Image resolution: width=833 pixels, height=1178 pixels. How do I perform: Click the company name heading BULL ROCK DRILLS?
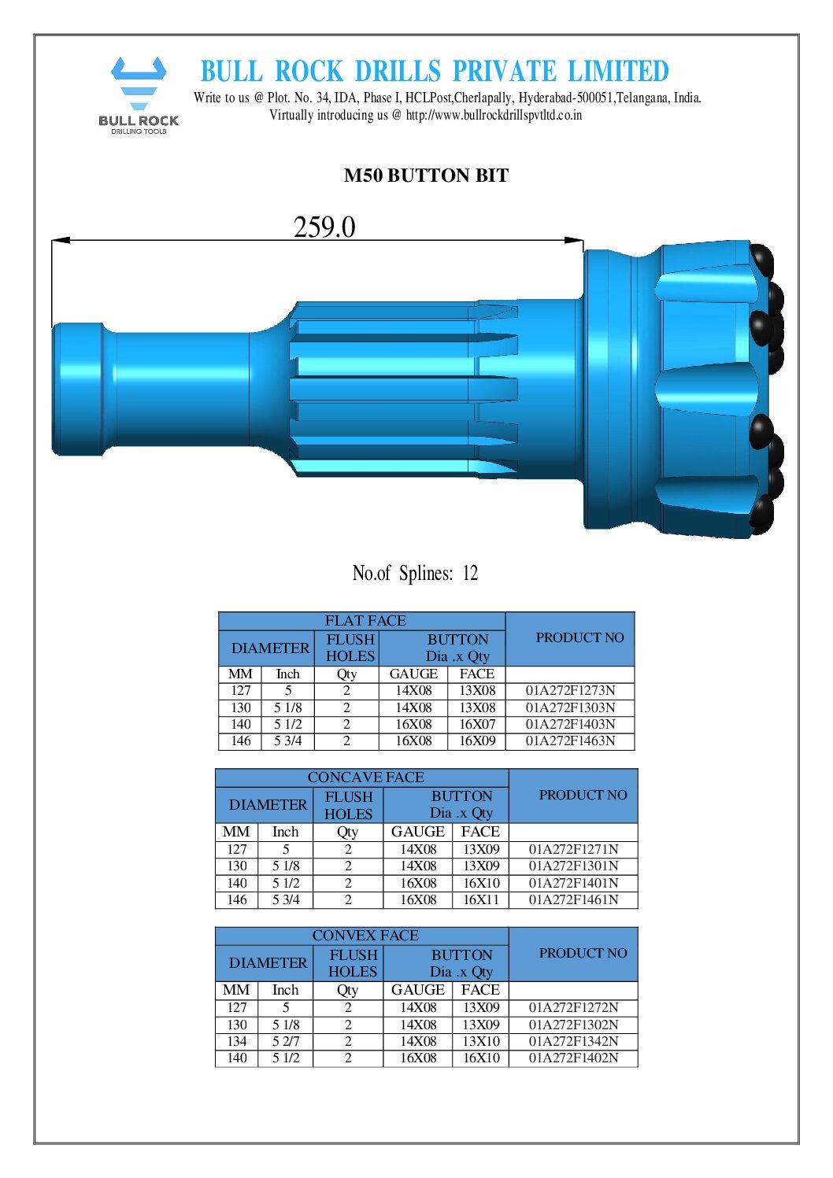(x=434, y=72)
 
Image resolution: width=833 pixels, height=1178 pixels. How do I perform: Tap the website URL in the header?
(x=494, y=115)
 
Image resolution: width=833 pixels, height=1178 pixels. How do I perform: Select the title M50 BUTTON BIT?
(x=426, y=175)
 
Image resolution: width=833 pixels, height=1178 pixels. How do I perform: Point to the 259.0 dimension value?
(x=324, y=227)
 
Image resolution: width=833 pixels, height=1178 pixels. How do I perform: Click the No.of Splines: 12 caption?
(x=415, y=573)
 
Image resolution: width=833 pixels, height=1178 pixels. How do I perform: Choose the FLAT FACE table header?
(x=365, y=621)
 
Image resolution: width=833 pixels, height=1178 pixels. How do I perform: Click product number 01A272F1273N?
(x=570, y=691)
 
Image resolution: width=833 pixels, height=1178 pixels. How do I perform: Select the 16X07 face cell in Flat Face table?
(x=477, y=724)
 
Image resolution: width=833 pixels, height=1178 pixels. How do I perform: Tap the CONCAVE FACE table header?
(x=365, y=777)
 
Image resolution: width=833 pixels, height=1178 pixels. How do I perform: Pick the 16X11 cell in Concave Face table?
(x=481, y=899)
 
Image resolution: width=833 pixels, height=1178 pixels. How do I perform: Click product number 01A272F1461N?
(x=573, y=899)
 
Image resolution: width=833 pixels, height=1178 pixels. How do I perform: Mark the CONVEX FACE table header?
(x=365, y=936)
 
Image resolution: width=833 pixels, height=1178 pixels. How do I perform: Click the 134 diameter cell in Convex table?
(x=237, y=1041)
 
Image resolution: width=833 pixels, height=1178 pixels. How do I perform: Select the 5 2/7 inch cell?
(x=286, y=1041)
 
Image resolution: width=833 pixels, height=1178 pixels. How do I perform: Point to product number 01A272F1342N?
(x=573, y=1041)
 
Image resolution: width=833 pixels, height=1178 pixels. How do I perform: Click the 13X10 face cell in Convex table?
(x=481, y=1041)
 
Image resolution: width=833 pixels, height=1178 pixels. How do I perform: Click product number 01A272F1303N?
(x=570, y=707)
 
